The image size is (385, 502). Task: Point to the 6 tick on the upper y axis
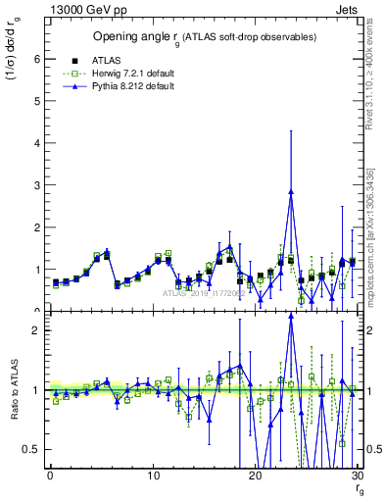click(35, 59)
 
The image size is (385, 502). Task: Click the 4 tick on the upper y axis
click(35, 143)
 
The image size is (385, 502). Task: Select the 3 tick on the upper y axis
click(35, 185)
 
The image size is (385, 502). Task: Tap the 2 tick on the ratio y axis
click(35, 330)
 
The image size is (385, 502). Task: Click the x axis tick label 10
click(153, 477)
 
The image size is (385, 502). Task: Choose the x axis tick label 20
click(255, 477)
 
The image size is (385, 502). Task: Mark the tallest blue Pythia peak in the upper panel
click(291, 192)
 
